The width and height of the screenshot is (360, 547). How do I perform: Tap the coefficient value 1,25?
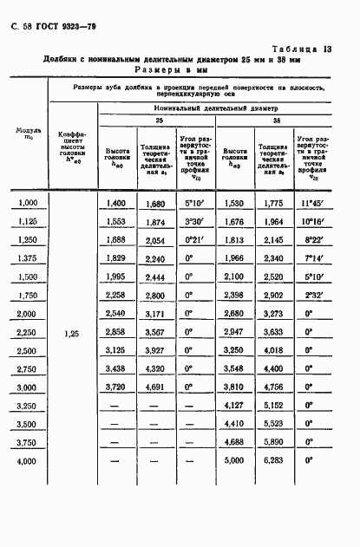[x=71, y=332]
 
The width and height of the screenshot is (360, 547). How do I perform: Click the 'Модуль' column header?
[x=28, y=133]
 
